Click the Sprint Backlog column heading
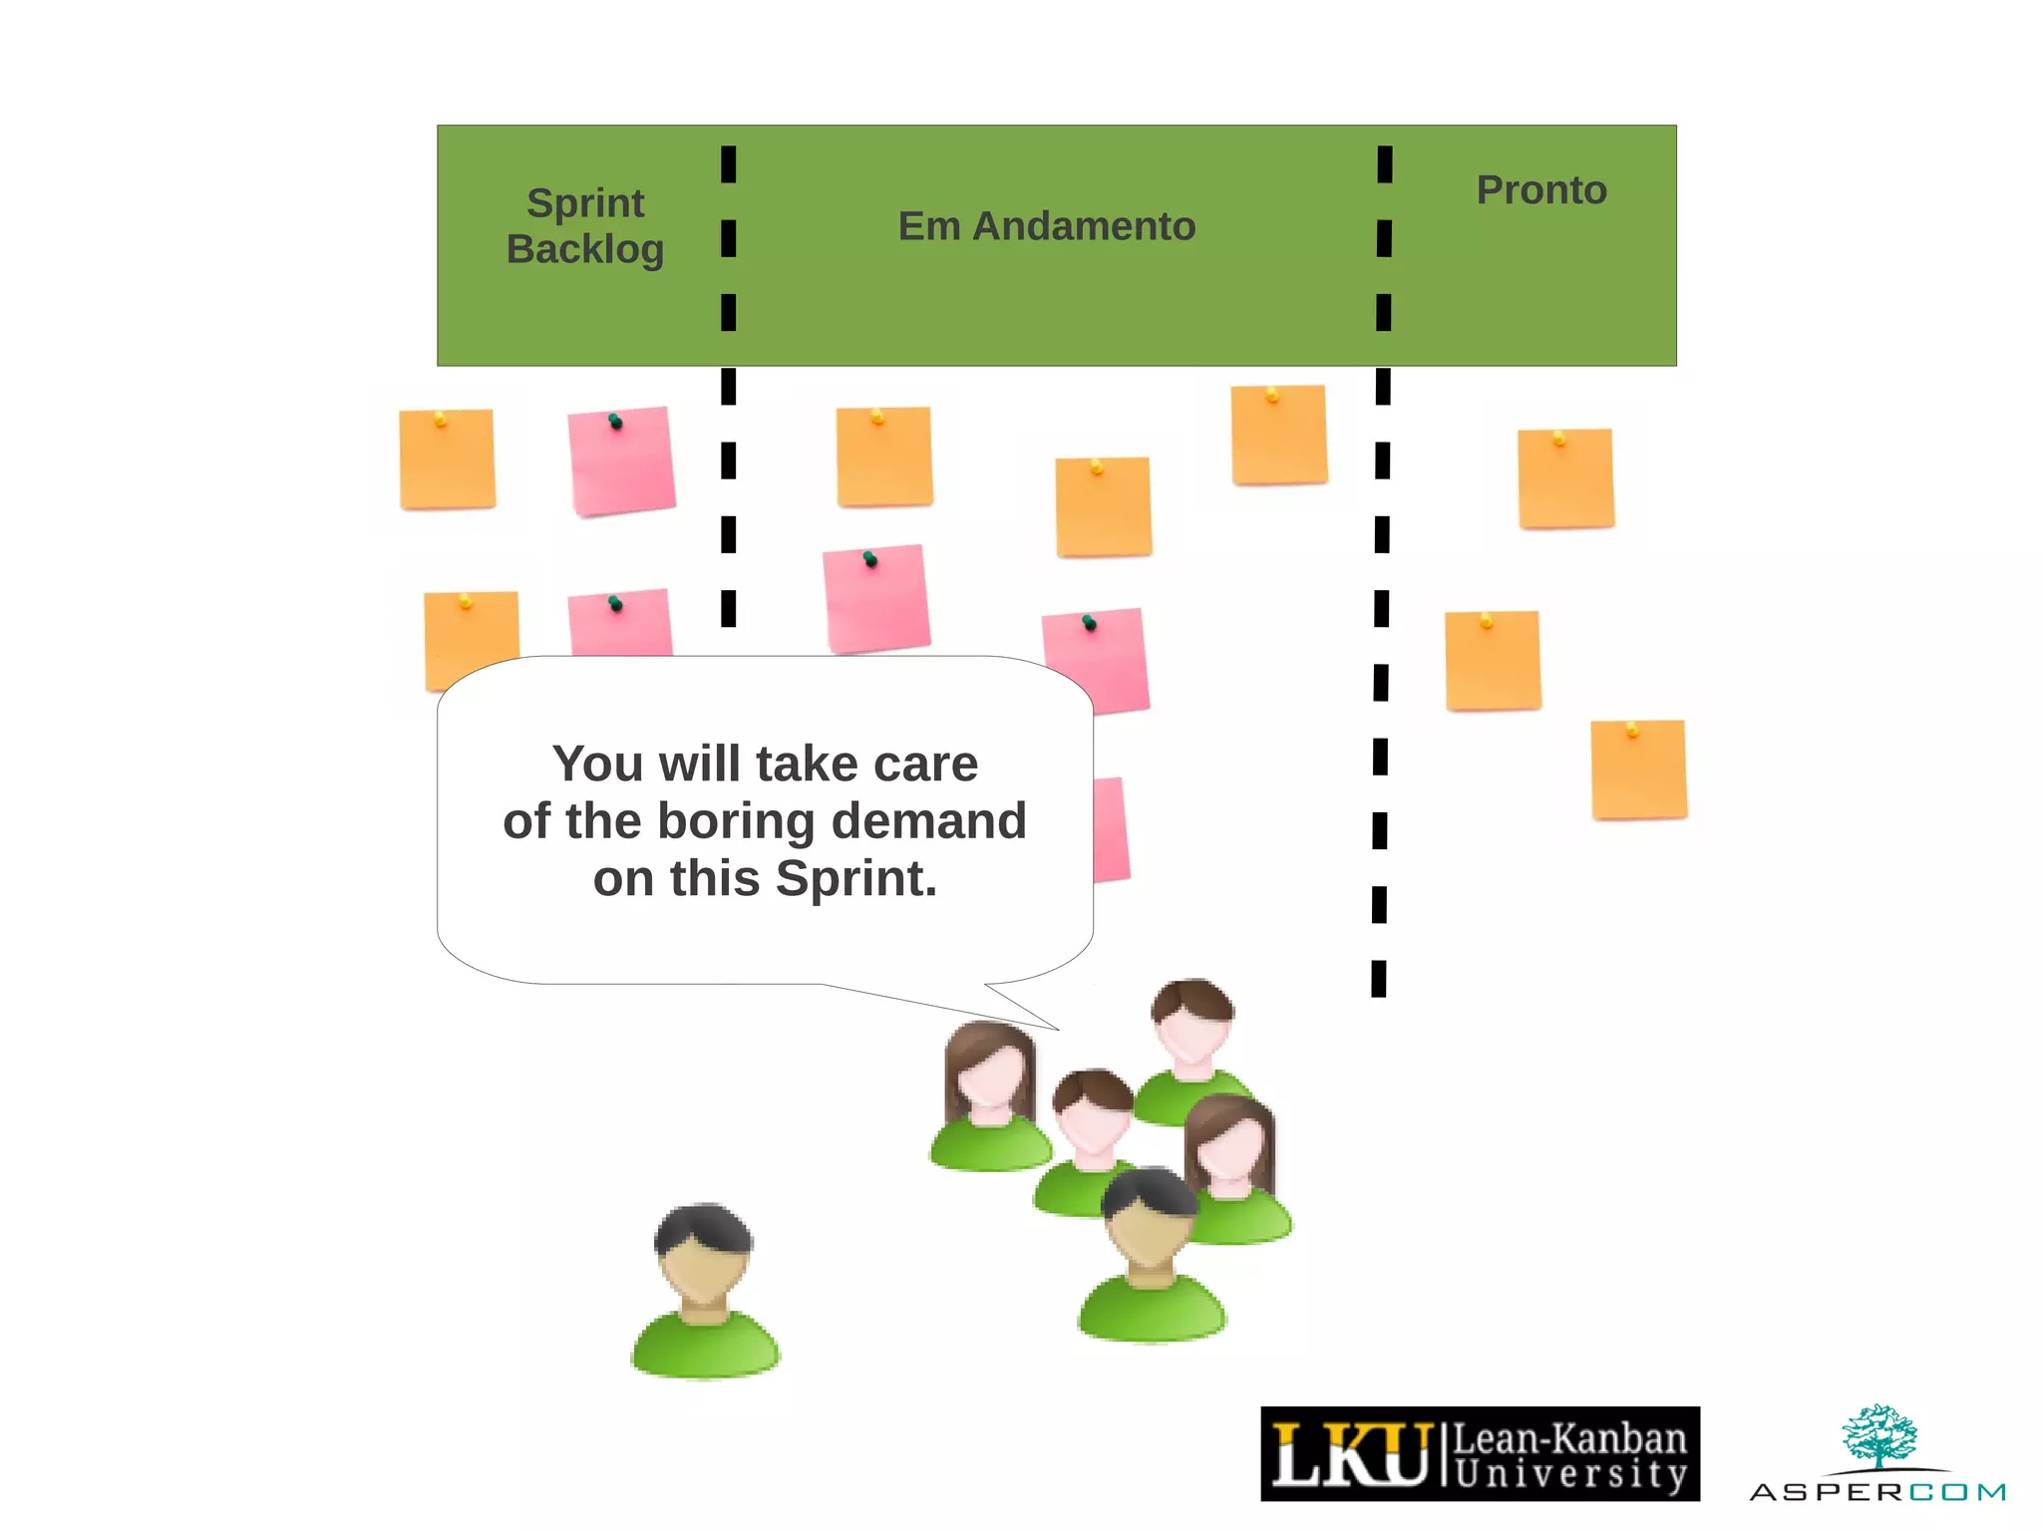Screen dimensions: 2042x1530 tap(585, 226)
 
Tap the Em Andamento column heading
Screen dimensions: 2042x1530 tap(1046, 226)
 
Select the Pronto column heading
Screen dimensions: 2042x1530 tap(1541, 190)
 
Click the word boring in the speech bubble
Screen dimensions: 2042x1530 tap(736, 821)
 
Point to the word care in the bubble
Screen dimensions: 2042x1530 tap(925, 765)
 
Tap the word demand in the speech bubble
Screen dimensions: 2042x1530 tap(928, 821)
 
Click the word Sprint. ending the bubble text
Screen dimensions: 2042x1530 tap(856, 879)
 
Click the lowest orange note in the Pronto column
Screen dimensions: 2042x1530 tap(1638, 769)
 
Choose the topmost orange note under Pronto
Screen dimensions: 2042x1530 tap(1565, 478)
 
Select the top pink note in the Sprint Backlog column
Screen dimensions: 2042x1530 tap(621, 460)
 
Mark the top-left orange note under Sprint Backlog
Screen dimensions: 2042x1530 tap(447, 459)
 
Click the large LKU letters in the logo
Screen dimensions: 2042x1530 tap(1350, 1455)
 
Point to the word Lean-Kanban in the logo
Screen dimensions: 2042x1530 tap(1569, 1439)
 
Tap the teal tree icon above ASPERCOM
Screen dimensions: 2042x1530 tap(1878, 1435)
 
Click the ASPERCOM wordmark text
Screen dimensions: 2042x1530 tap(1876, 1492)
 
